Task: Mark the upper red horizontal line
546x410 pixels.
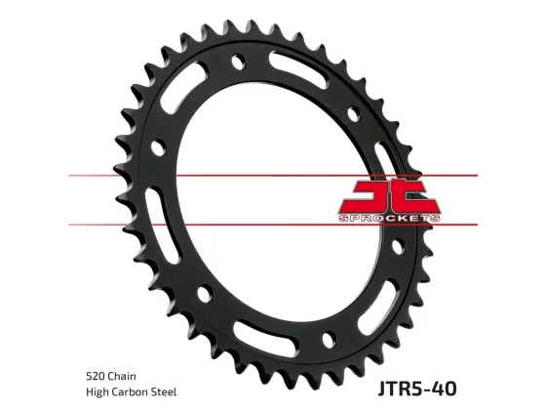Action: point(273,177)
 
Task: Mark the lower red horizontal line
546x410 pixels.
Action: point(273,225)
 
